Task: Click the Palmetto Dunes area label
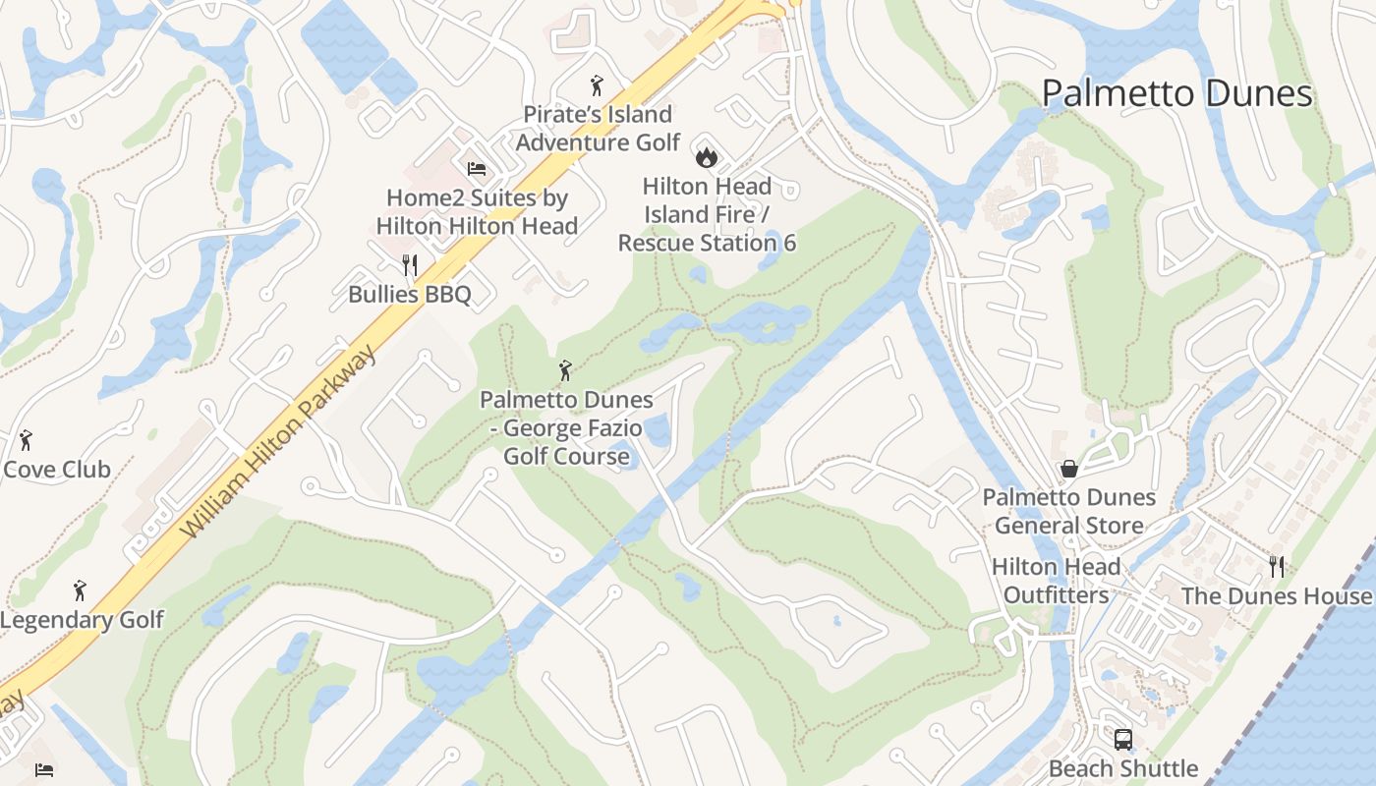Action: coord(1176,93)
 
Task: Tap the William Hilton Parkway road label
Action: coord(278,442)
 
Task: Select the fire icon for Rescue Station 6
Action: coord(706,156)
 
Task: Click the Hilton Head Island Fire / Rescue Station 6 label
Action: coord(707,214)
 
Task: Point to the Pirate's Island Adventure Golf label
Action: coord(598,129)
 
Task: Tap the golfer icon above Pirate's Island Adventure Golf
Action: coord(596,85)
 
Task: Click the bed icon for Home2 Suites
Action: coord(477,169)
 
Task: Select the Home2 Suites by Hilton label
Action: coord(477,211)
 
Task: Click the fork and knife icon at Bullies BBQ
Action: coord(410,264)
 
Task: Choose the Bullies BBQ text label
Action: coord(410,294)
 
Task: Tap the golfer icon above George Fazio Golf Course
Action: coord(565,370)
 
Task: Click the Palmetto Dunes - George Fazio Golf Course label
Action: coord(566,427)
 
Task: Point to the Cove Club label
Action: coord(57,469)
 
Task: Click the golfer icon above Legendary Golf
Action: coord(80,590)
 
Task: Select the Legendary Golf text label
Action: coord(82,620)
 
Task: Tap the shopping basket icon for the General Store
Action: coord(1068,469)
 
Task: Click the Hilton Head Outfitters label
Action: coord(1056,581)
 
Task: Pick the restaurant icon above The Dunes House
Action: coord(1276,566)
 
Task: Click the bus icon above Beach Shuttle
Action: coord(1122,739)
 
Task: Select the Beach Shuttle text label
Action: coord(1122,768)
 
